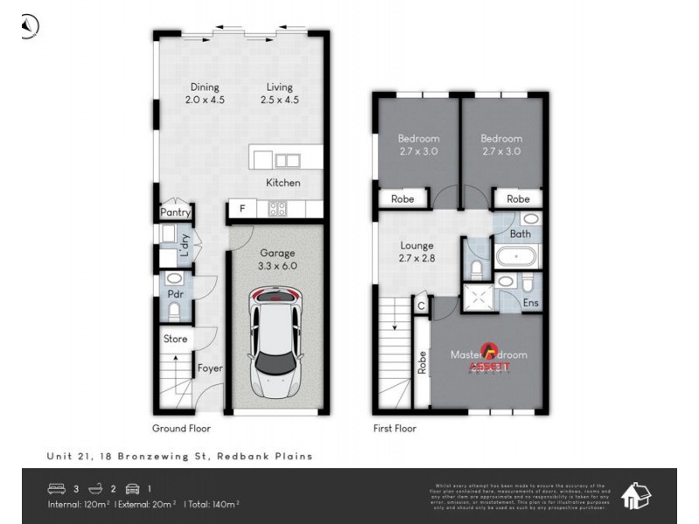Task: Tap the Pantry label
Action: tap(176, 212)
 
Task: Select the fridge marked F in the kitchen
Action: tap(240, 209)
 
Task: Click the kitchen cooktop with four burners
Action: tap(277, 208)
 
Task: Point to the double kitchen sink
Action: tap(287, 161)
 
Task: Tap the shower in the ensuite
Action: tap(477, 297)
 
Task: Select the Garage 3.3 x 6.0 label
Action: tap(276, 259)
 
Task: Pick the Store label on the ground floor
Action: tap(176, 339)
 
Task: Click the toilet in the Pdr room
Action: tap(173, 310)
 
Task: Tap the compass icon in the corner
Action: tap(29, 27)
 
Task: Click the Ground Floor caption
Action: tap(181, 429)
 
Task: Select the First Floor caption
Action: tap(394, 429)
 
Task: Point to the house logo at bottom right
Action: tap(635, 496)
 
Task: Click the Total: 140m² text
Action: tap(212, 504)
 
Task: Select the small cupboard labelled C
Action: tap(421, 306)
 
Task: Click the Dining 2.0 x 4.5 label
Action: tap(204, 93)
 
